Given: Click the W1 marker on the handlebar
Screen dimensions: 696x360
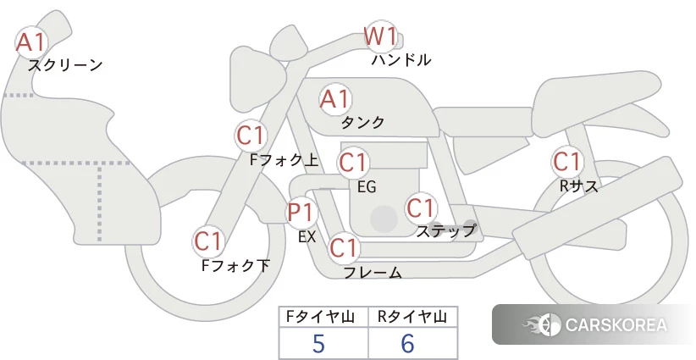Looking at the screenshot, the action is pos(380,36).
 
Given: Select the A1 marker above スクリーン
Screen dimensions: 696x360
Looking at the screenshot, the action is pos(31,42).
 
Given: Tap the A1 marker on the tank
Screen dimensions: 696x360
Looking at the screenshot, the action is pos(335,99).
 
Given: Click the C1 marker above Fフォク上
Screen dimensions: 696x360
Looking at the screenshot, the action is pos(251,136).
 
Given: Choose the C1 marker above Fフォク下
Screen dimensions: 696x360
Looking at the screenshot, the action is pos(208,241).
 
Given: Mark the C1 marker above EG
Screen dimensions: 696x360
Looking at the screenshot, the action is pos(353,163).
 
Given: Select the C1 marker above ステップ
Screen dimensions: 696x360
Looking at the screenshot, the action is pos(421,208).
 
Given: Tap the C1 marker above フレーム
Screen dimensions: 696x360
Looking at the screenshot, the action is pos(344,247).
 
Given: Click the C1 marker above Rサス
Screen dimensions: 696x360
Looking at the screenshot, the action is pos(567,162).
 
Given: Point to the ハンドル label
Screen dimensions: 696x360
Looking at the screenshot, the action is pos(400,59).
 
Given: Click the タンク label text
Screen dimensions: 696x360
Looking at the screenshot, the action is pos(362,122).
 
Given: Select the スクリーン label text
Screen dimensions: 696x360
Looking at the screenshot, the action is pos(65,65).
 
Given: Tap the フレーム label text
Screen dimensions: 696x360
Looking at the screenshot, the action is pos(373,272).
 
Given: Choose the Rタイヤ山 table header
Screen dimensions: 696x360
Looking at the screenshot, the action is pos(412,317).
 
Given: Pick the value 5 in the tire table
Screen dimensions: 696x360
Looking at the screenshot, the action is pos(318,343).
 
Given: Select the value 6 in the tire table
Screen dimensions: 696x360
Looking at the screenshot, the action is pos(407,343).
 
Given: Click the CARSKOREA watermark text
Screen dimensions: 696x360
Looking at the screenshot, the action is pos(616,324).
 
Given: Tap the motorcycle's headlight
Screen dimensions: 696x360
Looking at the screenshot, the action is pos(257,79).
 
